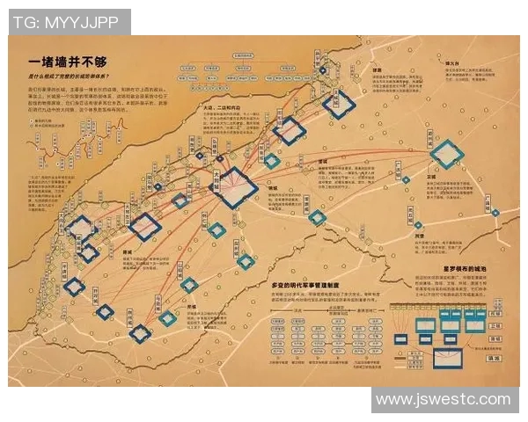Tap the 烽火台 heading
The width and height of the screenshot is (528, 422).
tap(456, 63)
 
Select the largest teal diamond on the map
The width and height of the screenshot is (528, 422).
tap(447, 156)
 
